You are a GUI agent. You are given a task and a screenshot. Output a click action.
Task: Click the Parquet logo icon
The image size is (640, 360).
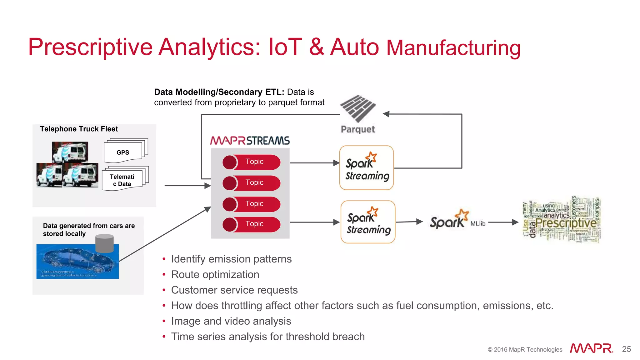(358, 109)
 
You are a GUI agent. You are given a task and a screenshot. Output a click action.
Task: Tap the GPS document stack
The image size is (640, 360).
(125, 151)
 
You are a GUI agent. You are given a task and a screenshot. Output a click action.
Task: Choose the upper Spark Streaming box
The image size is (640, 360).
(366, 168)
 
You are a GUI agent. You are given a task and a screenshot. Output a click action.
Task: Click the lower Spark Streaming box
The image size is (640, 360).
(368, 222)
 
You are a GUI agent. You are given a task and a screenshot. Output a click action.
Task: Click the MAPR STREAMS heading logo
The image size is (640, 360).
(250, 141)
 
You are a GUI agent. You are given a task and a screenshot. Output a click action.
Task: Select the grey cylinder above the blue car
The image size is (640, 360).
(104, 243)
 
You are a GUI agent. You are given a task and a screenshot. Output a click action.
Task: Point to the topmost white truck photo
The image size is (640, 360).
(70, 152)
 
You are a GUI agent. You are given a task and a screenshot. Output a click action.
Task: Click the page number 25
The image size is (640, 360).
(626, 349)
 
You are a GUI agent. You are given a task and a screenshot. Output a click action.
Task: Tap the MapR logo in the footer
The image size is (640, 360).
(591, 348)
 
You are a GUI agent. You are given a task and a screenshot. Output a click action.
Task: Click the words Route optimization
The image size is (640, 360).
(215, 274)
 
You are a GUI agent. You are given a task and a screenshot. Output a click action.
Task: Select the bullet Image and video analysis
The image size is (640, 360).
(231, 321)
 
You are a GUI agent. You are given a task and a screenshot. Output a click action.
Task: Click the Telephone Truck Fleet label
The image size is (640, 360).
(79, 129)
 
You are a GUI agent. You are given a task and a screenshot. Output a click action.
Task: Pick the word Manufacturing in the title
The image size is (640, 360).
(453, 48)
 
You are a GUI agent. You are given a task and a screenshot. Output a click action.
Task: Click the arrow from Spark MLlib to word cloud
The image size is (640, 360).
(503, 222)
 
